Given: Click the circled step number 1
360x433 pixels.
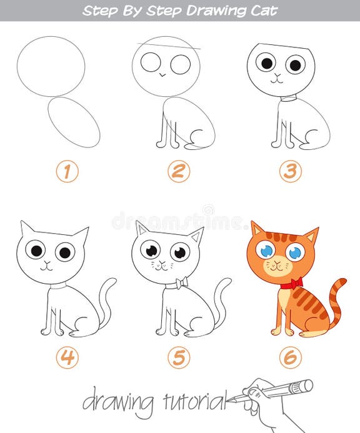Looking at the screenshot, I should (67, 171).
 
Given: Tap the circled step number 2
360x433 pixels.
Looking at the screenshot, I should (179, 171).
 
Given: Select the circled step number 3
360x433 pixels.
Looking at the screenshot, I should (290, 171).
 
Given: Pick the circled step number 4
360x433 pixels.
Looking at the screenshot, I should (67, 357).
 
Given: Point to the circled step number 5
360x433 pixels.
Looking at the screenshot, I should (179, 357).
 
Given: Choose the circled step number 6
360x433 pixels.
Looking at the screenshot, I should (290, 357).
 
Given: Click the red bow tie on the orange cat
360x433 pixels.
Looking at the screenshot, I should (291, 283).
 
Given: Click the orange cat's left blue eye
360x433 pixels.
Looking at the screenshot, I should (267, 251).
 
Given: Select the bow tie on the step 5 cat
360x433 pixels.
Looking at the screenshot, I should (181, 283).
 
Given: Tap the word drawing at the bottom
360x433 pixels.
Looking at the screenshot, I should (117, 401).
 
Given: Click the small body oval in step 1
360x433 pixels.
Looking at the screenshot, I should (74, 121).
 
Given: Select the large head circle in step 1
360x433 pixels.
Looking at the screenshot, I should (51, 66).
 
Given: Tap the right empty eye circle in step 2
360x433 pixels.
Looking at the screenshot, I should (180, 64).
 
